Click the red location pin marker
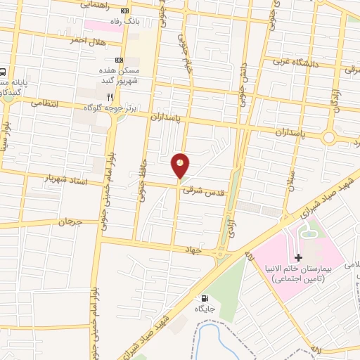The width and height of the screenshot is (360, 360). click(181, 166)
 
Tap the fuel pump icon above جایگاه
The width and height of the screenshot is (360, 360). click(205, 297)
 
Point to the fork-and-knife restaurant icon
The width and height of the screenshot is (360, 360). click(109, 96)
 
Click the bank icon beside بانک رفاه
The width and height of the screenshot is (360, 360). click(125, 11)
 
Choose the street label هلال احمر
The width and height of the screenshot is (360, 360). click(86, 41)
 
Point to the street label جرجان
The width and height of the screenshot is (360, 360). click(70, 222)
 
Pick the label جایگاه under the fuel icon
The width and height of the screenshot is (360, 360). click(205, 308)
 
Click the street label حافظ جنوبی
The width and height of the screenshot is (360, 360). click(147, 144)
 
